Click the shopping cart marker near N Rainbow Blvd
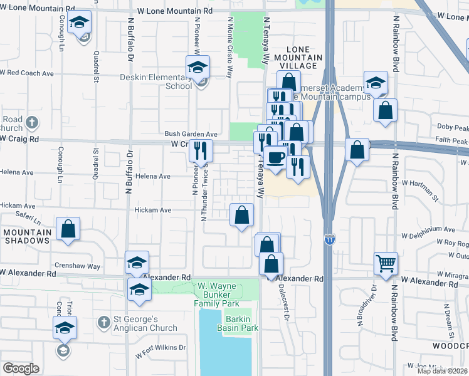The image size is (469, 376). [x=386, y=263]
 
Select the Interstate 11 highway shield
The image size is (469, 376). [x=330, y=239]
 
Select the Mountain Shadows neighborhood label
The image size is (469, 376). [x=26, y=236]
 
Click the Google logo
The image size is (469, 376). [x=21, y=368]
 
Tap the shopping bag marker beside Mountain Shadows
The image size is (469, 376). [x=68, y=229]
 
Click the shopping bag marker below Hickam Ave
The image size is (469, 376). [x=242, y=216]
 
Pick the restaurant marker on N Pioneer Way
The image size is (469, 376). [x=201, y=150]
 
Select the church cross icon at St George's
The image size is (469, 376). [x=104, y=322]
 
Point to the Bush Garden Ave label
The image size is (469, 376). [x=191, y=134]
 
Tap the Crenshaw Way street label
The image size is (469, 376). [x=85, y=266]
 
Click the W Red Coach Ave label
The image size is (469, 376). [x=26, y=73]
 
